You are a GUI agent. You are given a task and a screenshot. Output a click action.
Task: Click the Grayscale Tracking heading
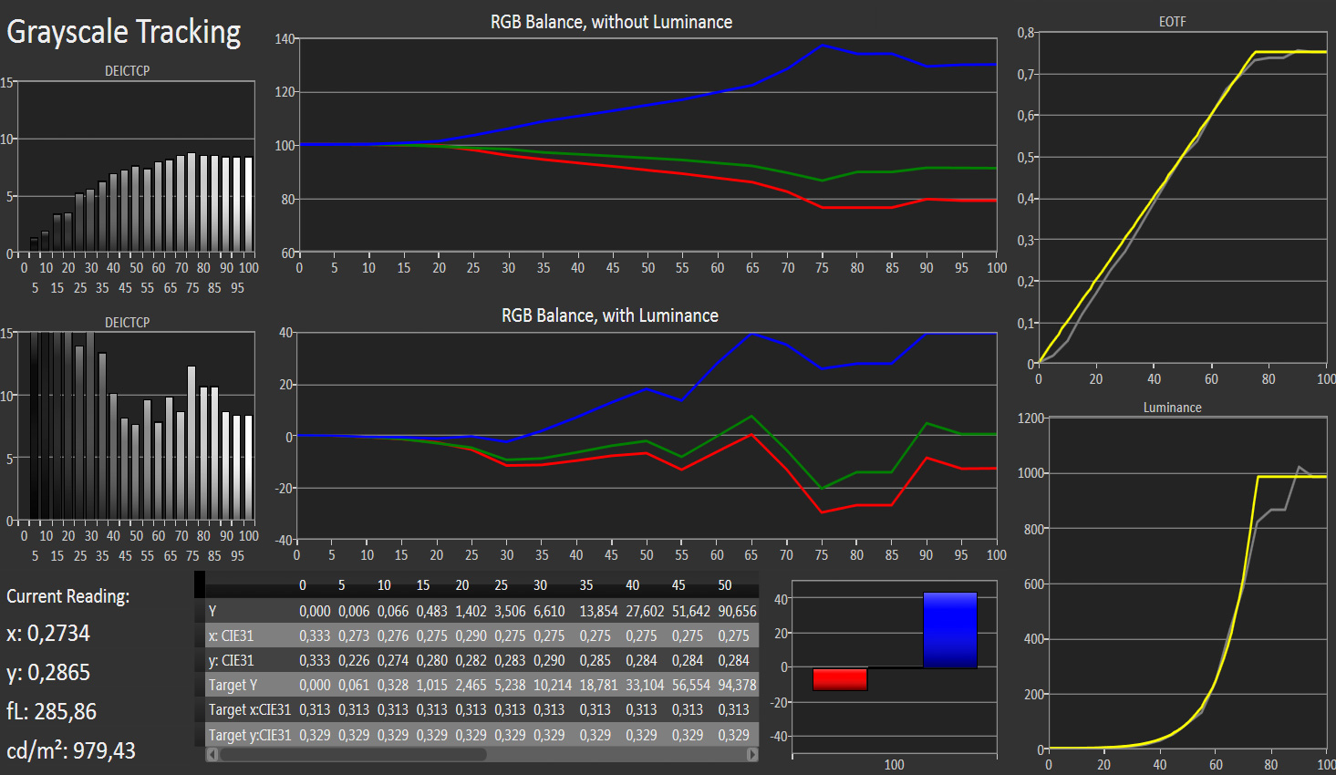124,33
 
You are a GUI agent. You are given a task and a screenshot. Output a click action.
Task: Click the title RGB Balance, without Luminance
611,22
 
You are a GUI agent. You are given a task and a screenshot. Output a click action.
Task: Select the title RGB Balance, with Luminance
609,315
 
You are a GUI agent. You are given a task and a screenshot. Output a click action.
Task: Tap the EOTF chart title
1172,21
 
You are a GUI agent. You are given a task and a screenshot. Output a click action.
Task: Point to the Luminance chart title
1172,408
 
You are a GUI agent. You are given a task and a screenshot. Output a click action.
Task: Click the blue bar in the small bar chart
949,630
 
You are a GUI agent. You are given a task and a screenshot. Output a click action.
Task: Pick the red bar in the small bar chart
839,679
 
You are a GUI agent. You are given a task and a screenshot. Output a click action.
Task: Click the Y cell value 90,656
737,611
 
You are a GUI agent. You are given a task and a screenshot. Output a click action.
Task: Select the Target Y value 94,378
737,685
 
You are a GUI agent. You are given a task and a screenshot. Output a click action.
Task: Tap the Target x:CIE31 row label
249,709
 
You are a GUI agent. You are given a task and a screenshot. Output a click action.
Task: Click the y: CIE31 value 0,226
354,660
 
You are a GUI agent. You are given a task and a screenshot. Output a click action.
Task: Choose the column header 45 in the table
678,585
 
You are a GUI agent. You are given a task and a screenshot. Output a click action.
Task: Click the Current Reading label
68,596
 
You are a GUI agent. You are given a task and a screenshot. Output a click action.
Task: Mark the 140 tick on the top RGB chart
285,39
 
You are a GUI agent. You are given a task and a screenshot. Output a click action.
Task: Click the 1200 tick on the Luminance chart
1030,418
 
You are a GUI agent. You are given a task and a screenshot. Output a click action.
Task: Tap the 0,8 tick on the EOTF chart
1026,33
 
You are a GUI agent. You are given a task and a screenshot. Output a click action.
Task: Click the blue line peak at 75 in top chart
823,45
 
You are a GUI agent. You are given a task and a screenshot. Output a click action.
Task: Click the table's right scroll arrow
752,754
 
